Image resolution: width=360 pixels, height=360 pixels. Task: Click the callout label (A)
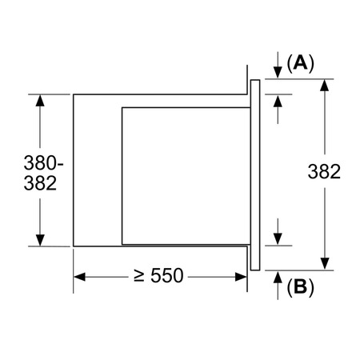tap(301, 63)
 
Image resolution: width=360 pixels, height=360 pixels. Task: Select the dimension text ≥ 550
tap(158, 275)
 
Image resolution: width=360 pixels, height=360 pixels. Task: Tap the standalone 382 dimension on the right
tap(324, 171)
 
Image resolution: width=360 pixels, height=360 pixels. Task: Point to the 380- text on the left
tap(44, 162)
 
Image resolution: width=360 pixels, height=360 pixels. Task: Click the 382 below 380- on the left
tap(40, 183)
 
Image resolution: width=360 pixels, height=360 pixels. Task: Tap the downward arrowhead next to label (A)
tap(278, 73)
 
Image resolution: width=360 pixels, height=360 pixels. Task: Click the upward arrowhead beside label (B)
tap(278, 277)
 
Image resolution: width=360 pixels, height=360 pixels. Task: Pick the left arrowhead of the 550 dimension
tap(79, 277)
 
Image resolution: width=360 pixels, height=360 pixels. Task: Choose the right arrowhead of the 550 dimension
tap(241, 277)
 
